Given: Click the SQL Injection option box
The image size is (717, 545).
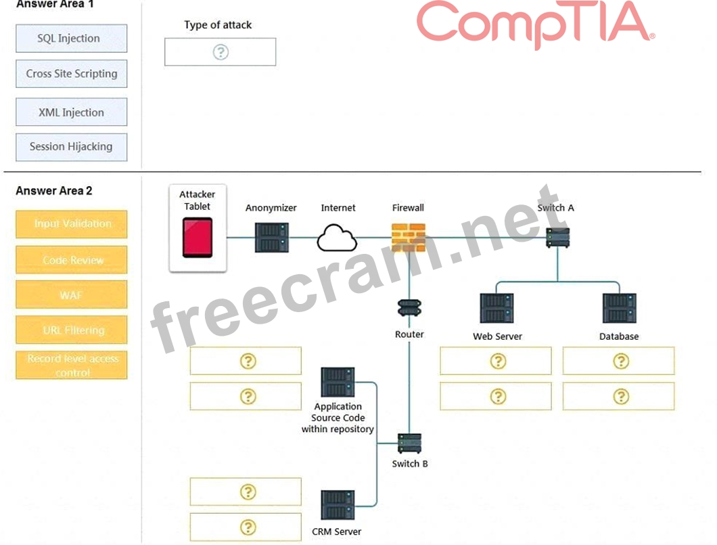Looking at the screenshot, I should pos(71,39).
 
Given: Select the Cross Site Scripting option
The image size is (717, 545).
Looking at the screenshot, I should pos(71,74).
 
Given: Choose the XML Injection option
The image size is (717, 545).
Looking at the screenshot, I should pos(71,112).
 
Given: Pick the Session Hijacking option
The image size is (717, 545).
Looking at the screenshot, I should pos(71,146).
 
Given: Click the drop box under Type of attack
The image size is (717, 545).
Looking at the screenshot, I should pos(220,52).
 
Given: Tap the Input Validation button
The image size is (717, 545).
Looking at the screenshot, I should pos(71,224).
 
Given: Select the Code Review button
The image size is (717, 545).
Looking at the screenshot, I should pos(71,260).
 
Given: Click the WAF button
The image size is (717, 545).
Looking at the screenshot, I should pos(71,295).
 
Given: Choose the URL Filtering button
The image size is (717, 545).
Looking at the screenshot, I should pos(71,330).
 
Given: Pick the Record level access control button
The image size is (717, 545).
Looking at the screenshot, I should pos(71,366).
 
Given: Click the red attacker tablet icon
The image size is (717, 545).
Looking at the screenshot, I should pos(197,238).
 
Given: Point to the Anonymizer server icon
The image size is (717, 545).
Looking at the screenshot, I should pos(271,237).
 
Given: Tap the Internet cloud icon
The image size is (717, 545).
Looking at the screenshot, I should pos(337,238).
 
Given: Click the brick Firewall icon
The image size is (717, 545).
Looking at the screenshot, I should pos(408,238).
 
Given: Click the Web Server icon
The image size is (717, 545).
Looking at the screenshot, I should pos(496,308).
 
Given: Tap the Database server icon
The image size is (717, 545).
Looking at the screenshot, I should pos(619,308).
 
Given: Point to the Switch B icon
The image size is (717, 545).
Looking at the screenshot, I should pos(410,443).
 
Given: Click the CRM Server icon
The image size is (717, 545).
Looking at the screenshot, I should pos(338,505).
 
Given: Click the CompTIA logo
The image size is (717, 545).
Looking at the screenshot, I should pos(534,24).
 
